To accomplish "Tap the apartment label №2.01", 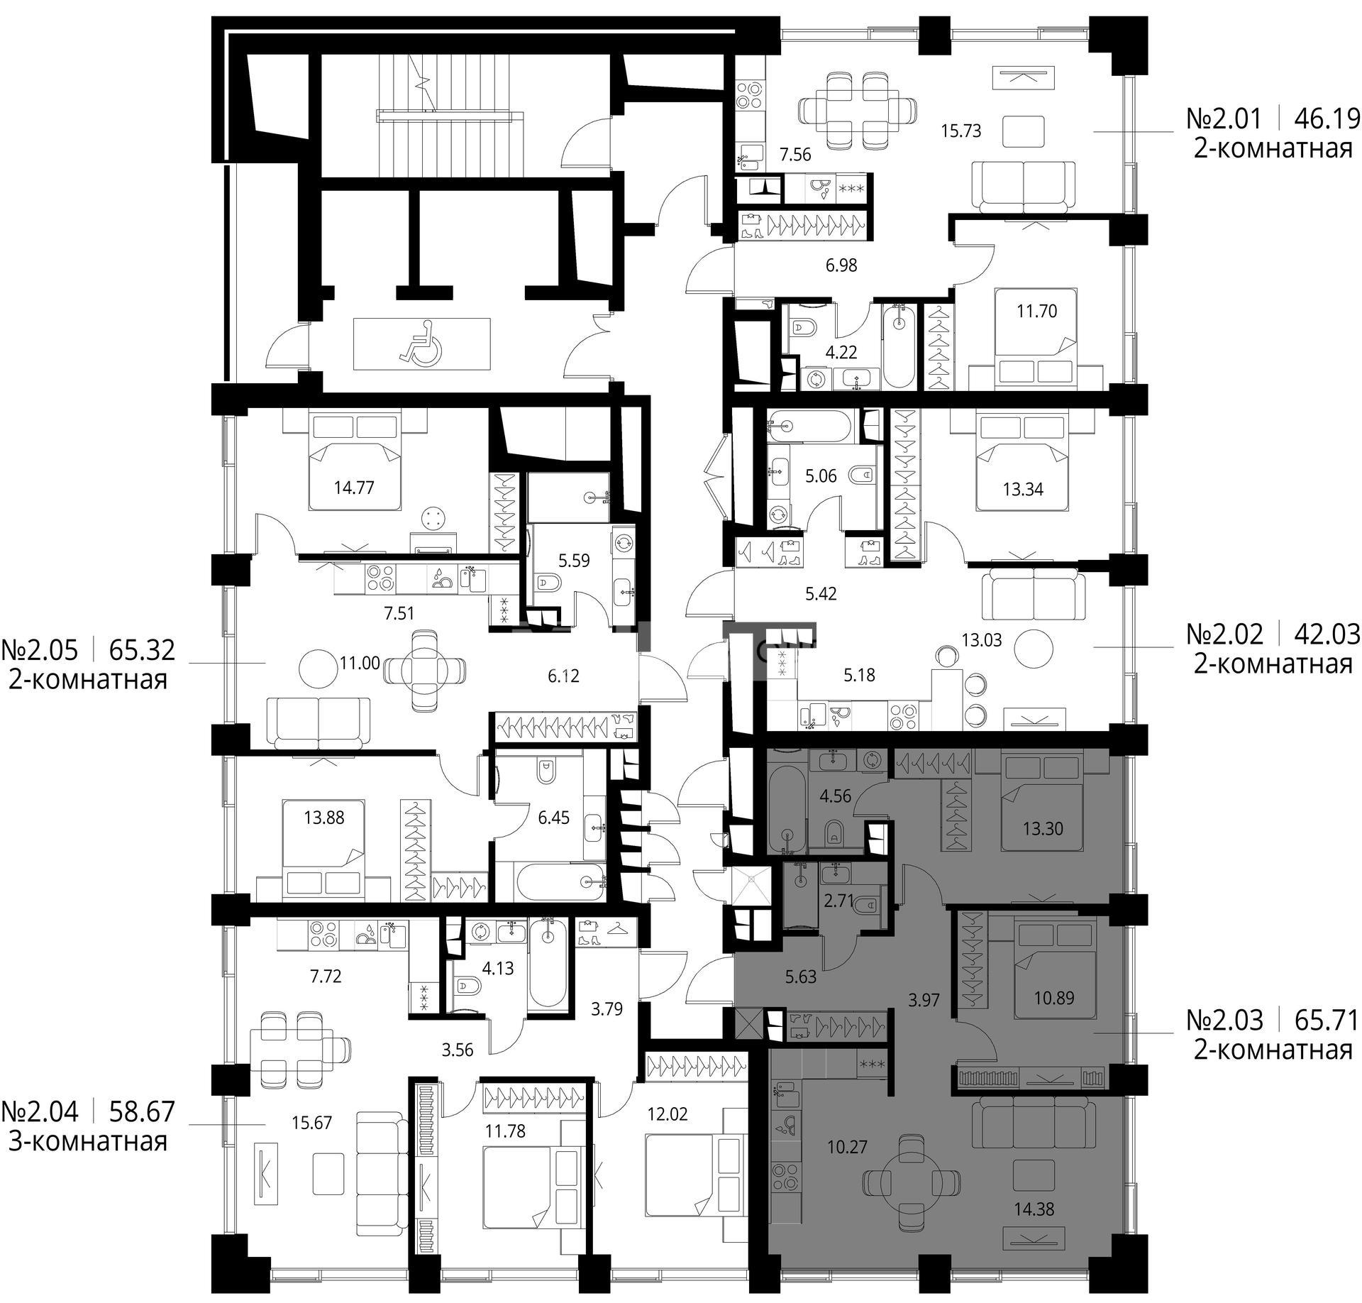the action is tap(1224, 119).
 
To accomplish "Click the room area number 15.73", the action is tap(960, 131).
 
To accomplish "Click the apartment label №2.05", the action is tap(40, 649).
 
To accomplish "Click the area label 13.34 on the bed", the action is tap(1023, 489).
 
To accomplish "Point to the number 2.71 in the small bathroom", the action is tap(838, 901).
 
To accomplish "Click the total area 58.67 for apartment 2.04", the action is tap(142, 1111).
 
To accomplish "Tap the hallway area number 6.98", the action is tap(841, 265).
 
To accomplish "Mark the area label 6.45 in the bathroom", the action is tap(554, 818).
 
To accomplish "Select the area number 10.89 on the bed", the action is tap(1053, 997).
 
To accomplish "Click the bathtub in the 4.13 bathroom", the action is tap(548, 964).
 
